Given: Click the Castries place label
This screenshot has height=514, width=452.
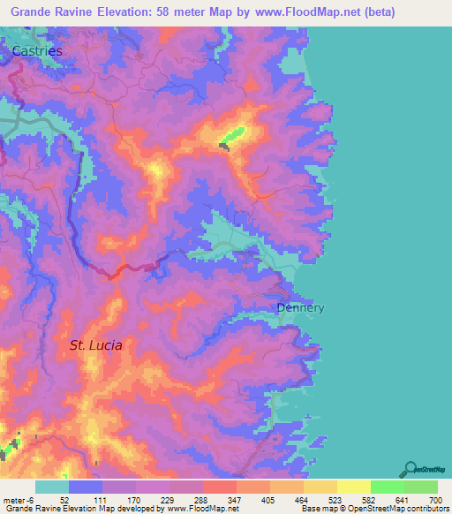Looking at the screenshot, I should (38, 52).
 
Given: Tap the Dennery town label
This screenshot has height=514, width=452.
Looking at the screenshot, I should (300, 308).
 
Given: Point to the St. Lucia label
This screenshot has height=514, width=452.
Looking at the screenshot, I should (95, 345).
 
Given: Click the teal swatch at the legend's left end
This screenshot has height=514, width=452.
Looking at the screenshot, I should (52, 487).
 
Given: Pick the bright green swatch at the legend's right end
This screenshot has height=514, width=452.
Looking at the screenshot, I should (420, 487).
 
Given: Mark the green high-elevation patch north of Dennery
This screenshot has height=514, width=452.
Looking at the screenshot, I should (233, 136).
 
